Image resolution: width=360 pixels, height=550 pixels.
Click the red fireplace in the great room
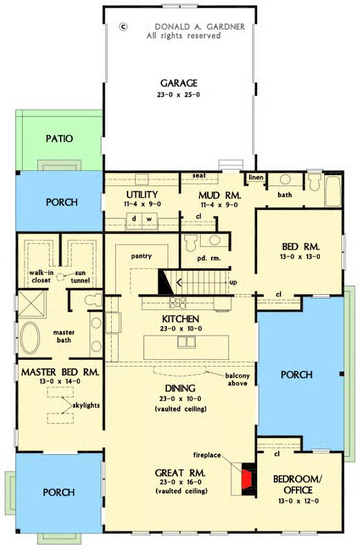pos(247,479)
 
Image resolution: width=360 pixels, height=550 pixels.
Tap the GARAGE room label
pos(179,83)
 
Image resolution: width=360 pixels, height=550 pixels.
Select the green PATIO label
pos(59,139)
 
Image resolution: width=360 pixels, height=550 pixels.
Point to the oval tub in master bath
pos(30,338)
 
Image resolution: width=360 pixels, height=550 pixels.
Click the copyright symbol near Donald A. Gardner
pos(123,26)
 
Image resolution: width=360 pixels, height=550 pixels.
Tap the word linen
pos(256,178)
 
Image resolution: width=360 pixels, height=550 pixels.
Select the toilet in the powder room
pos(190,243)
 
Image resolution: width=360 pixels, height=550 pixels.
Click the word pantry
pos(141,256)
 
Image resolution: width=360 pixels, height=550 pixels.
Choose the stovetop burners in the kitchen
pos(178,303)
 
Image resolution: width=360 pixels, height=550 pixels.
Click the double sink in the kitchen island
pos(186,342)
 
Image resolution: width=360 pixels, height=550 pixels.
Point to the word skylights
pos(86,405)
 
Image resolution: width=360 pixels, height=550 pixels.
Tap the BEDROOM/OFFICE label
pos(298,485)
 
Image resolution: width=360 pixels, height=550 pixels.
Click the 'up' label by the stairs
pos(233,283)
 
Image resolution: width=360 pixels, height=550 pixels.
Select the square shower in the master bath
pos(32,304)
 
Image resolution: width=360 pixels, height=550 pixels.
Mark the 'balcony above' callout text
pos(237,380)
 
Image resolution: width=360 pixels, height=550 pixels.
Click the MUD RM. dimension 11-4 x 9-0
pos(219,205)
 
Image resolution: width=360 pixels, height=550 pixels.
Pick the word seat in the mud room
pos(199,175)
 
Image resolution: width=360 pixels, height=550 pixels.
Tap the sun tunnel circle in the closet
pos(61,277)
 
